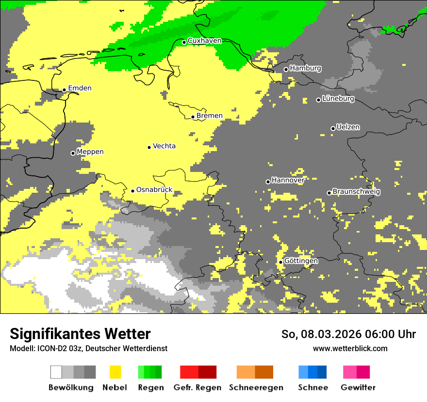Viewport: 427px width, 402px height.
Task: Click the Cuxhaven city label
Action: pyautogui.click(x=204, y=41)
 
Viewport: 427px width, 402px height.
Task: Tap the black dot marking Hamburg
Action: pyautogui.click(x=286, y=69)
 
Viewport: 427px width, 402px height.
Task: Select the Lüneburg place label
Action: pyautogui.click(x=338, y=99)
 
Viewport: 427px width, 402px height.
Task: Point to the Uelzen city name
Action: pyautogui.click(x=348, y=127)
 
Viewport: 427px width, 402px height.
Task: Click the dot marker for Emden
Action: pyautogui.click(x=64, y=90)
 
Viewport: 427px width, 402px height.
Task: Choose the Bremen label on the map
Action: pyautogui.click(x=210, y=116)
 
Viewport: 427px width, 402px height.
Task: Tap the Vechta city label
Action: pyautogui.click(x=164, y=146)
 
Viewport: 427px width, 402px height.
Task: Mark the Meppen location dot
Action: pyautogui.click(x=73, y=153)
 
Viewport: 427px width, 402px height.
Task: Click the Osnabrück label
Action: pyautogui.click(x=154, y=190)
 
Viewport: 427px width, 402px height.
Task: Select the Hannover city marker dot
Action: pyautogui.click(x=268, y=182)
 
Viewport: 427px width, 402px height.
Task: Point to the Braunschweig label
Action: pyautogui.click(x=356, y=192)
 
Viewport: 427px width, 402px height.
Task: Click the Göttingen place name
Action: pyautogui.click(x=301, y=261)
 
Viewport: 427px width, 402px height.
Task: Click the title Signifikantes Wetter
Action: pyautogui.click(x=80, y=334)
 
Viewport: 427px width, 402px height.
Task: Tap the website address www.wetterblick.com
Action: pyautogui.click(x=350, y=348)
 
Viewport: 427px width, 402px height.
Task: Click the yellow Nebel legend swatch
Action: pyautogui.click(x=115, y=372)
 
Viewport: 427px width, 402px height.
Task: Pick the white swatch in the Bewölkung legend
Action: pyautogui.click(x=56, y=372)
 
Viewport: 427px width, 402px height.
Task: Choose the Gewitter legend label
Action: pyautogui.click(x=358, y=387)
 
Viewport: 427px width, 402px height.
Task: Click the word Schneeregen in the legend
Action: pyautogui.click(x=256, y=387)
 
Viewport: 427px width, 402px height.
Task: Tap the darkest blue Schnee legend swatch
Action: pyautogui.click(x=322, y=372)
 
